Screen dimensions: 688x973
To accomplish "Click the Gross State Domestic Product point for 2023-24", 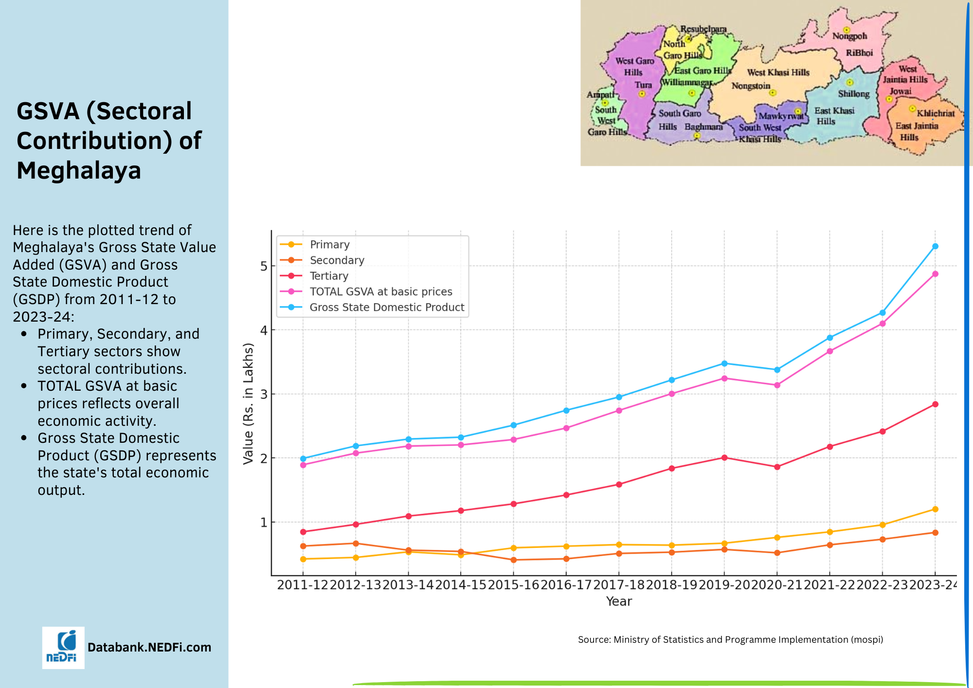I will pyautogui.click(x=935, y=246).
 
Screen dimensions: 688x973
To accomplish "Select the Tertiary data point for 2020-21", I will pyautogui.click(x=777, y=467).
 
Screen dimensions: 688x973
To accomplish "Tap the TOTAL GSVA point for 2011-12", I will pyautogui.click(x=303, y=465).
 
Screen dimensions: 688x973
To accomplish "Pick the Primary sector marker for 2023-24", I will pyautogui.click(x=935, y=509).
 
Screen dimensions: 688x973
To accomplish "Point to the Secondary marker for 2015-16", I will pyautogui.click(x=514, y=560).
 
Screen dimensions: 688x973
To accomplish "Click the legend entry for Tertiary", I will pyautogui.click(x=329, y=276).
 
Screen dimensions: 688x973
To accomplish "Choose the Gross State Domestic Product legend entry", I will pyautogui.click(x=387, y=307).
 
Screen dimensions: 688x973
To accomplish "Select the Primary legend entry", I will pyautogui.click(x=329, y=244).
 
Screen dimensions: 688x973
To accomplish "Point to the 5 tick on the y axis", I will pyautogui.click(x=264, y=266).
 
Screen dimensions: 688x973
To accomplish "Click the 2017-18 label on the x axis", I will pyautogui.click(x=619, y=585).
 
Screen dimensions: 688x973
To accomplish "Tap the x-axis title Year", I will pyautogui.click(x=619, y=601).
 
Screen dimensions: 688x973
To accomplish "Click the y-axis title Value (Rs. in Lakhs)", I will pyautogui.click(x=248, y=403).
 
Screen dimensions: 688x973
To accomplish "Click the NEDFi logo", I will pyautogui.click(x=63, y=648).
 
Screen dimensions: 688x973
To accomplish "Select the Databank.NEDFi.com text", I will pyautogui.click(x=149, y=647).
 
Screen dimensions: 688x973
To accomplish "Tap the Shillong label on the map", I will pyautogui.click(x=853, y=93).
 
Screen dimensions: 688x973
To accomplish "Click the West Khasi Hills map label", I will pyautogui.click(x=778, y=72).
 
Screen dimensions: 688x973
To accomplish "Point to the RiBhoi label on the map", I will pyautogui.click(x=859, y=53).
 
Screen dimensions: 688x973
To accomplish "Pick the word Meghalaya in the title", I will pyautogui.click(x=79, y=170).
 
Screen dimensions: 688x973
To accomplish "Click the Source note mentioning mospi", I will pyautogui.click(x=730, y=639).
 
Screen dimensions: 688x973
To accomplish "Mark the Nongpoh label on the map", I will pyautogui.click(x=849, y=36).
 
